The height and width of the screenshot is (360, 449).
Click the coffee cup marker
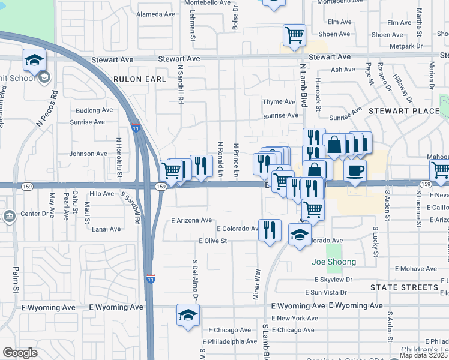click(x=355, y=170)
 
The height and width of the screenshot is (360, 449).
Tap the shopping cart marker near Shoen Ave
click(x=294, y=35)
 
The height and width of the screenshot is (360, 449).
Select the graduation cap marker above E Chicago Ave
click(x=188, y=314)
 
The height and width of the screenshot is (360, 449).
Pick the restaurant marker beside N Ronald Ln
click(x=202, y=166)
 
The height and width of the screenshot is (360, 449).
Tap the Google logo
click(x=20, y=353)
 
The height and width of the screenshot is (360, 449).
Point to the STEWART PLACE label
click(x=404, y=111)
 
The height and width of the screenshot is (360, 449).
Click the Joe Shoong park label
click(x=334, y=262)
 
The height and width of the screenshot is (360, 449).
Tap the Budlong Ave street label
click(x=94, y=110)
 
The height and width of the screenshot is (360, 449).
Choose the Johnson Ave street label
click(x=88, y=154)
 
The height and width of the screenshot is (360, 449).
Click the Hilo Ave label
click(x=101, y=194)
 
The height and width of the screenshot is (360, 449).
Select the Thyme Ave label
click(x=279, y=102)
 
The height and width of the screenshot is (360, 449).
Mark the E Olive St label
click(x=212, y=241)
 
